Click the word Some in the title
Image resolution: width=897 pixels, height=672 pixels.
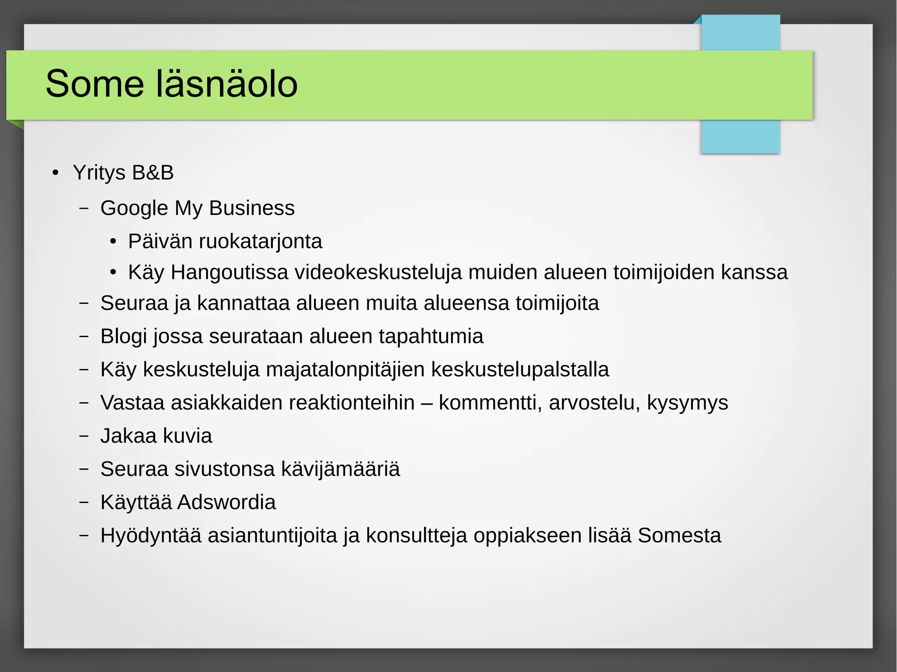click(95, 84)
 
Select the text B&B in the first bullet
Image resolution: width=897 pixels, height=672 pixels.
click(153, 172)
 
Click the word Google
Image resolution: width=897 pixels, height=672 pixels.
click(134, 208)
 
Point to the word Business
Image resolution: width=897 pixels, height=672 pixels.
click(252, 208)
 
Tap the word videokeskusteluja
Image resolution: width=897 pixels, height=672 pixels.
click(378, 272)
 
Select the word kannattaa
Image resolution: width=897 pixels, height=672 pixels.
click(243, 303)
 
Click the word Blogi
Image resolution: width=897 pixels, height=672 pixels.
click(124, 336)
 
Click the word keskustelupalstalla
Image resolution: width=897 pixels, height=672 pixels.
click(520, 369)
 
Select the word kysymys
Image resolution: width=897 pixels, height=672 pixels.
click(687, 403)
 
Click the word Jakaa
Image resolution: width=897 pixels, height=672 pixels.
click(128, 436)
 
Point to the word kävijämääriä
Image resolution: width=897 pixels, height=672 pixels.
click(340, 469)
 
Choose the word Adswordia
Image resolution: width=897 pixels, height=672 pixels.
click(226, 502)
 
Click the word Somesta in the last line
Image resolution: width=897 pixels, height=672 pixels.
click(679, 535)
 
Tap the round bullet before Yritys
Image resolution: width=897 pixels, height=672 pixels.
click(55, 173)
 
